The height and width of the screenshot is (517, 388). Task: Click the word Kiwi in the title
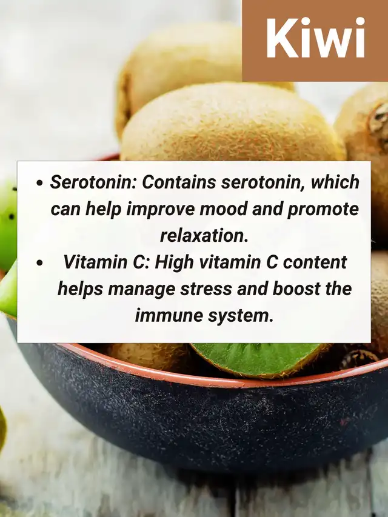click(x=316, y=39)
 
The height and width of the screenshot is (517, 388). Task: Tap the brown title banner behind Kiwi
click(x=315, y=41)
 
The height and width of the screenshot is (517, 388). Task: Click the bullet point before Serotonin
click(x=40, y=183)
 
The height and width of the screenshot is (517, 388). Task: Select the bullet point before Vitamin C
click(x=40, y=263)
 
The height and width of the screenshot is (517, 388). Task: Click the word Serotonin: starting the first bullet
click(x=93, y=182)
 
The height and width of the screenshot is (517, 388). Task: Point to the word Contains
click(x=179, y=182)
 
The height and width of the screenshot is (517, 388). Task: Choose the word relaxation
click(x=204, y=235)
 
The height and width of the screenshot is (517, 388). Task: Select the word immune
click(x=169, y=315)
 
